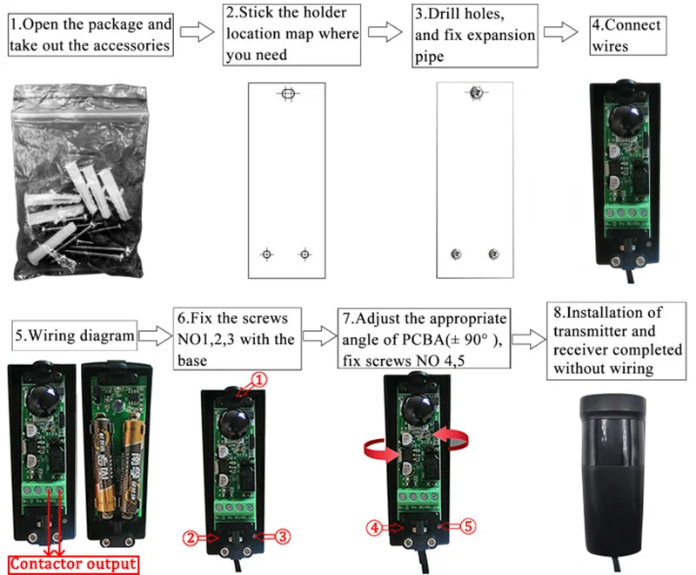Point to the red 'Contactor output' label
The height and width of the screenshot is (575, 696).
73,564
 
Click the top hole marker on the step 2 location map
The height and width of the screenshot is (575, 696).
287,93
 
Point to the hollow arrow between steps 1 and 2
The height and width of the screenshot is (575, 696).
197,33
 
